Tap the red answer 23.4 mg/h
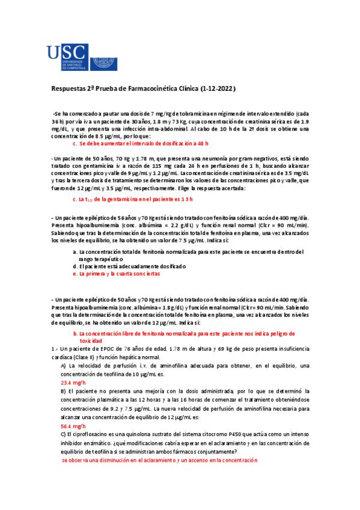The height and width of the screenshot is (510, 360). pyautogui.click(x=74, y=382)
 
